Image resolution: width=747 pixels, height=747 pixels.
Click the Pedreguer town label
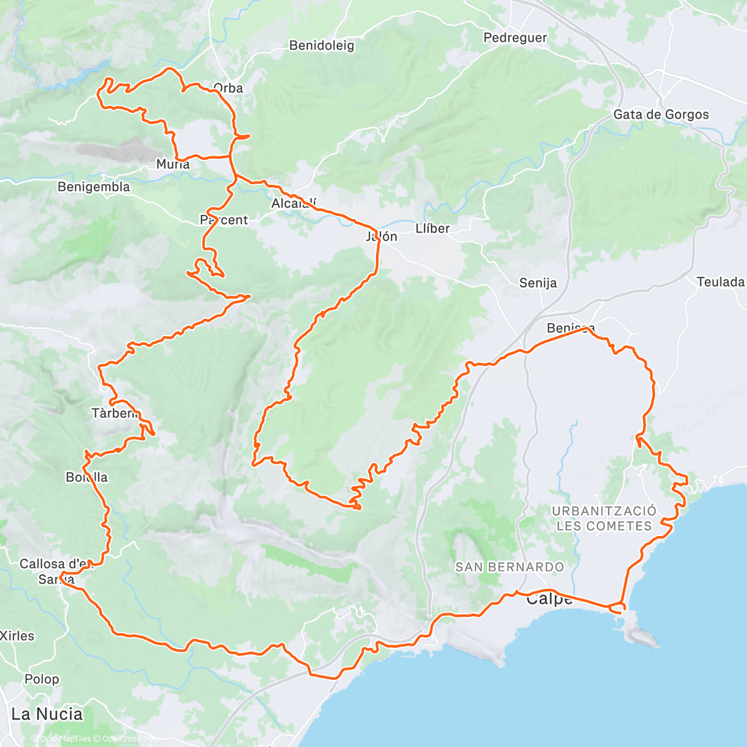coord(515,38)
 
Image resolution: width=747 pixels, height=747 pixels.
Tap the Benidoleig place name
coord(322,45)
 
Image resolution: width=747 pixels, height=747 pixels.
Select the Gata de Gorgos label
coord(661,115)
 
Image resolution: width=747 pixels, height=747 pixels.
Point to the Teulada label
coord(720,282)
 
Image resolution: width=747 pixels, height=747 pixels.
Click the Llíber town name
coord(432,228)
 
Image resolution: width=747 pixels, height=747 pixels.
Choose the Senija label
coord(538,283)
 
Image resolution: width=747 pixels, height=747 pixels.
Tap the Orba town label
coord(228,88)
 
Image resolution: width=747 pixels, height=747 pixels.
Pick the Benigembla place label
coord(94,187)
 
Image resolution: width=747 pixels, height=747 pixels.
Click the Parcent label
coord(224,220)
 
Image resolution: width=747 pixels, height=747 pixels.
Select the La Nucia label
coord(47,714)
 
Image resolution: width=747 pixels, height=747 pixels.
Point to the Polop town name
coord(42,679)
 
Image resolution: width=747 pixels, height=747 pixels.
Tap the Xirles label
coord(17,636)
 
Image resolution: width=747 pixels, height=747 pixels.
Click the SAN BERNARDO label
coord(509,567)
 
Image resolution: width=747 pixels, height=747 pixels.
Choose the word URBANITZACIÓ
coord(604,511)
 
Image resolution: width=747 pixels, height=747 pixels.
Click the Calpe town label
coord(549,599)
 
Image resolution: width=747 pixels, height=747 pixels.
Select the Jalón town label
coord(382,237)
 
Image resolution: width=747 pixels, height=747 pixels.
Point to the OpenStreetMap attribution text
coord(129,739)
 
